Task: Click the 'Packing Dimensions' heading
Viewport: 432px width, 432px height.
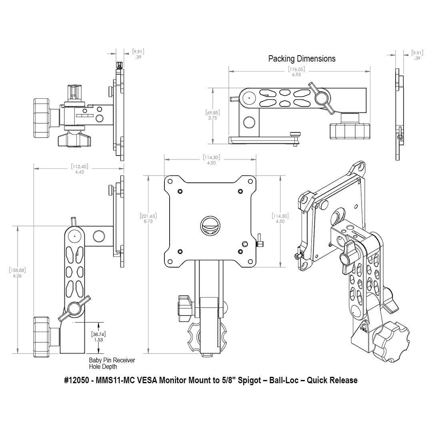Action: pos(302,59)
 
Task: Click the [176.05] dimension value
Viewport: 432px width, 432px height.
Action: pos(296,69)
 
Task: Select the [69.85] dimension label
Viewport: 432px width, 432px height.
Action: pos(212,112)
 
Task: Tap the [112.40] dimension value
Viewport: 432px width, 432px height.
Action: pos(80,166)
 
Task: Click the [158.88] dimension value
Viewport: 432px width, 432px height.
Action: pos(17,270)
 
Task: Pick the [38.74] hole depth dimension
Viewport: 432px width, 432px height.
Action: pos(98,334)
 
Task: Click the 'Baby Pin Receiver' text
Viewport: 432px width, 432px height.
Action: pos(112,360)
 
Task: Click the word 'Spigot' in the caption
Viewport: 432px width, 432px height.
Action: pos(250,380)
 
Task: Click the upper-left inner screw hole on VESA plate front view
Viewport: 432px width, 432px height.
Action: pos(180,191)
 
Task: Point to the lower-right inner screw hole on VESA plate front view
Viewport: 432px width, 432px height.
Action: pos(240,251)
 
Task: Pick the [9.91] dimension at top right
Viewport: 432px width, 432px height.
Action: pos(417,52)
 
